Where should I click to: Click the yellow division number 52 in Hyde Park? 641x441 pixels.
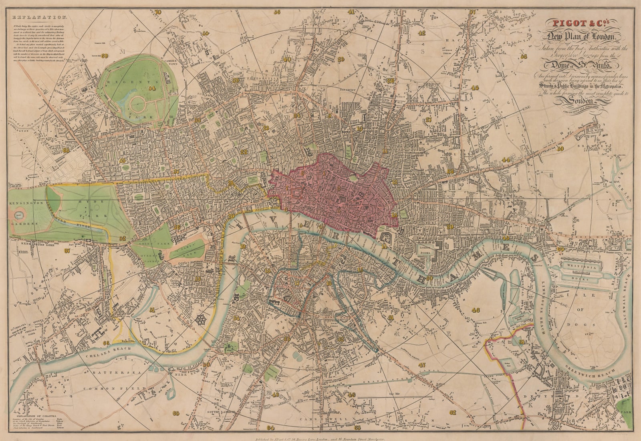122,238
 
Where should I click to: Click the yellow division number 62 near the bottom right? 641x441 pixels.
453,412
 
